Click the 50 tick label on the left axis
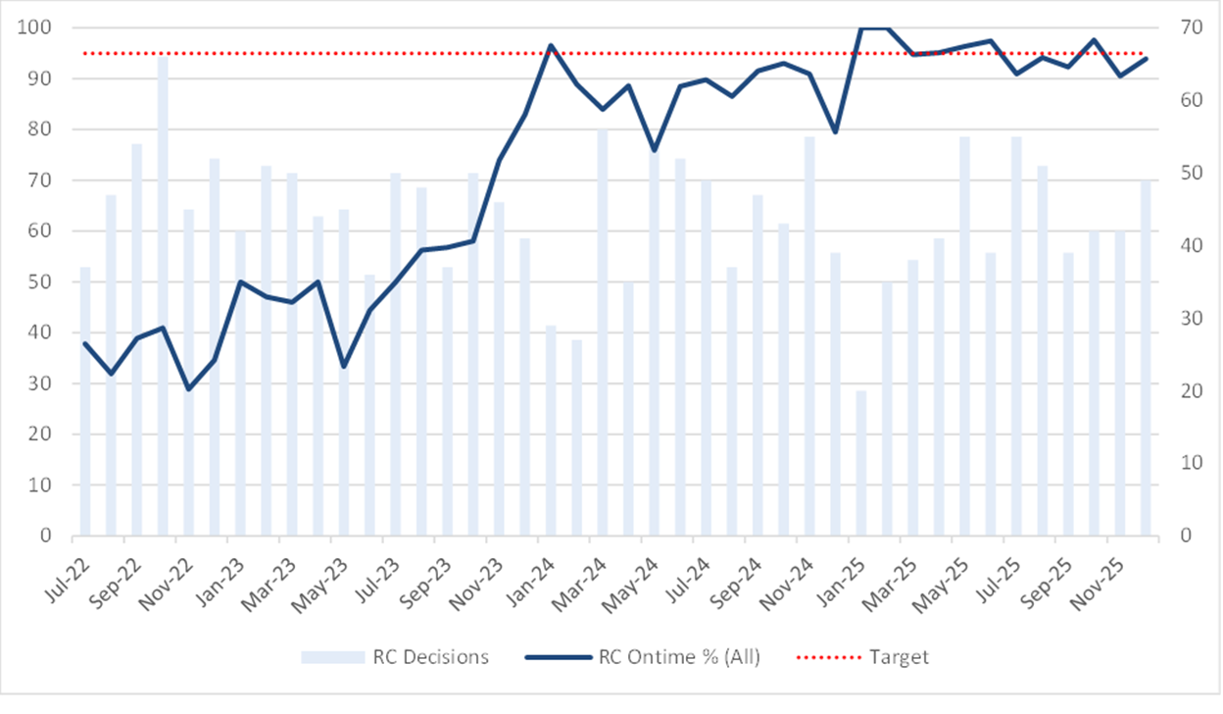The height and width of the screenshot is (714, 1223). pyautogui.click(x=39, y=281)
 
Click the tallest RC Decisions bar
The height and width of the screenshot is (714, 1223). pyautogui.click(x=163, y=294)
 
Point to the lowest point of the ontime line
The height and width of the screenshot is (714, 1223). pyautogui.click(x=189, y=388)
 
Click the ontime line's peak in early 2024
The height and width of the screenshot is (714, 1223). pyautogui.click(x=551, y=45)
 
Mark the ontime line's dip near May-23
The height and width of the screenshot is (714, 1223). pyautogui.click(x=344, y=366)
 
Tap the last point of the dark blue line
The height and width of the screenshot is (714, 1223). pyautogui.click(x=1147, y=58)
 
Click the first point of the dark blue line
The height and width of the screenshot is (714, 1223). pyautogui.click(x=85, y=343)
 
